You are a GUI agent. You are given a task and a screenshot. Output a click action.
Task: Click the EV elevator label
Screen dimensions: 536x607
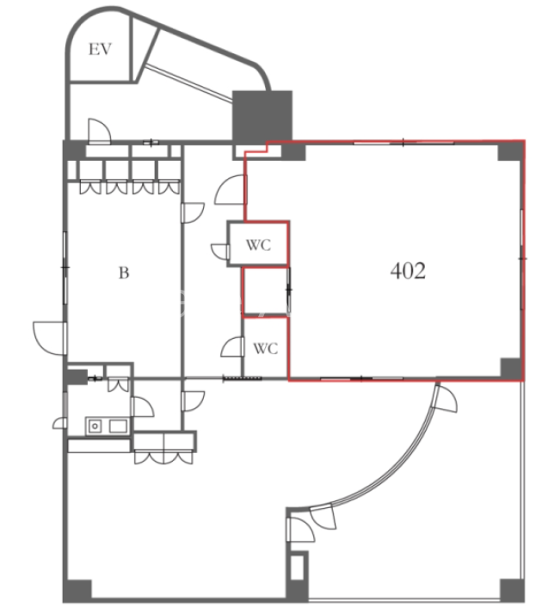point(100,49)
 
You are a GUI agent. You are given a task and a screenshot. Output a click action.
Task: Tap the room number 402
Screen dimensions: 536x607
point(408,271)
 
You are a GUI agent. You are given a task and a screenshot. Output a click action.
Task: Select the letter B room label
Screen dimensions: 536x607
point(124,273)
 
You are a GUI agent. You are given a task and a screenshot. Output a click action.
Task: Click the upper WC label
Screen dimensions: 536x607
point(258,245)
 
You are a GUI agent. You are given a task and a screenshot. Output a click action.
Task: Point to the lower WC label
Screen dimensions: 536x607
point(266,348)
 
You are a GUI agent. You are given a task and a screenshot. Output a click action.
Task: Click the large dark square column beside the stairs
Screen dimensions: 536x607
point(262,116)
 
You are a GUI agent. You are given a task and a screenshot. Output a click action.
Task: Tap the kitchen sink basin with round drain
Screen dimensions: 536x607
point(95,426)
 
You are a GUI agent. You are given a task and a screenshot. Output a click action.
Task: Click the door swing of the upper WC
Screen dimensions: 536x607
point(219,252)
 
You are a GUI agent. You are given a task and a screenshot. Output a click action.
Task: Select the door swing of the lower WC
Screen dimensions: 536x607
point(232,346)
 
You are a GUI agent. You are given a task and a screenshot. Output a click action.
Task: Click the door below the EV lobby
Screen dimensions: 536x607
point(99,132)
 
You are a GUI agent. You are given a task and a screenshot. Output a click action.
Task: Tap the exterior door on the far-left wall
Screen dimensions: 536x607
point(50,338)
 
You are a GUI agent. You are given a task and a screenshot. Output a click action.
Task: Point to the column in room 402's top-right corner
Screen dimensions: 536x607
point(510,150)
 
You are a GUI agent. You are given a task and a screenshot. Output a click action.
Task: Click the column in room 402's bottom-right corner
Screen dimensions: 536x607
point(511,369)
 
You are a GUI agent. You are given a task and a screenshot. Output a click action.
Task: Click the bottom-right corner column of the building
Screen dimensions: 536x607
point(512,590)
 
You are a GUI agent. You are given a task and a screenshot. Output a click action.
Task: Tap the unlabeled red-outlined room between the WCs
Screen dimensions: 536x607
point(266,291)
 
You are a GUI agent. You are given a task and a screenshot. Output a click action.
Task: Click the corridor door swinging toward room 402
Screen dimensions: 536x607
point(231,190)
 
